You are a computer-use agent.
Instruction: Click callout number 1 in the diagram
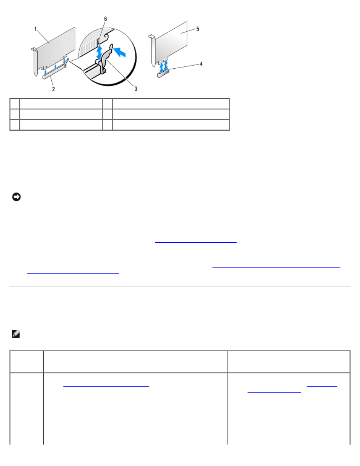point(35,29)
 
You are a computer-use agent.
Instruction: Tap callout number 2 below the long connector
point(54,89)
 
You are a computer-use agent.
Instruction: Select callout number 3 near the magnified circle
point(136,89)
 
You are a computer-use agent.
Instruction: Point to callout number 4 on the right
point(201,64)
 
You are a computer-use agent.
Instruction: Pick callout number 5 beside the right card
point(198,29)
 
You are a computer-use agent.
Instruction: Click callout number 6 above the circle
point(106,19)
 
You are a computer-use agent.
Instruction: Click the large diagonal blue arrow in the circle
point(119,52)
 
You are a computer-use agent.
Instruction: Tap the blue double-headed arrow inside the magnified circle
point(99,53)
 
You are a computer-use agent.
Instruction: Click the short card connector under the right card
point(163,73)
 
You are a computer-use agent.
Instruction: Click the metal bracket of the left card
point(34,62)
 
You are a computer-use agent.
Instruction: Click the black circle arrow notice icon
point(16,197)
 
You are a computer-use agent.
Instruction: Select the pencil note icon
point(16,334)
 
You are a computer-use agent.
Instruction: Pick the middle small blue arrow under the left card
point(55,67)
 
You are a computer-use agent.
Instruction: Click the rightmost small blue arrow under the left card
point(64,61)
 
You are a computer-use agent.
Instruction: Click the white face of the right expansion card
point(172,41)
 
